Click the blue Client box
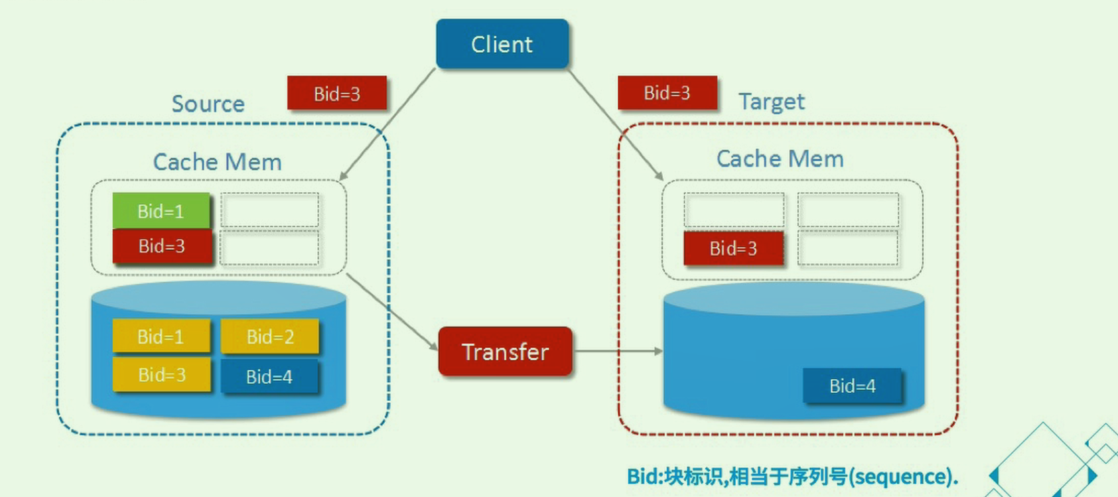(x=502, y=44)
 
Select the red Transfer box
(x=505, y=351)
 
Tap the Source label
(x=208, y=104)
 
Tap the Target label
(x=772, y=102)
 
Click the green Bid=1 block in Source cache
(x=161, y=211)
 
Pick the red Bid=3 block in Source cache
(x=162, y=246)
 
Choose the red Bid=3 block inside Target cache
(x=733, y=248)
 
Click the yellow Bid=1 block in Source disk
(x=161, y=337)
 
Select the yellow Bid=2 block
(x=270, y=337)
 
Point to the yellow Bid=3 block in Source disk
(x=162, y=374)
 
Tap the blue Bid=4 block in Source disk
(x=269, y=376)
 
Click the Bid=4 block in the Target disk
(x=852, y=386)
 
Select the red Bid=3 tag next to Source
(x=337, y=93)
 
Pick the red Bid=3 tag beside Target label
(x=667, y=93)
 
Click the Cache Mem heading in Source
(x=217, y=162)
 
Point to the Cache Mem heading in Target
(x=780, y=158)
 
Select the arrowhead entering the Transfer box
(x=433, y=346)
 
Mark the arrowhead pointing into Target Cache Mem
(x=659, y=176)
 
